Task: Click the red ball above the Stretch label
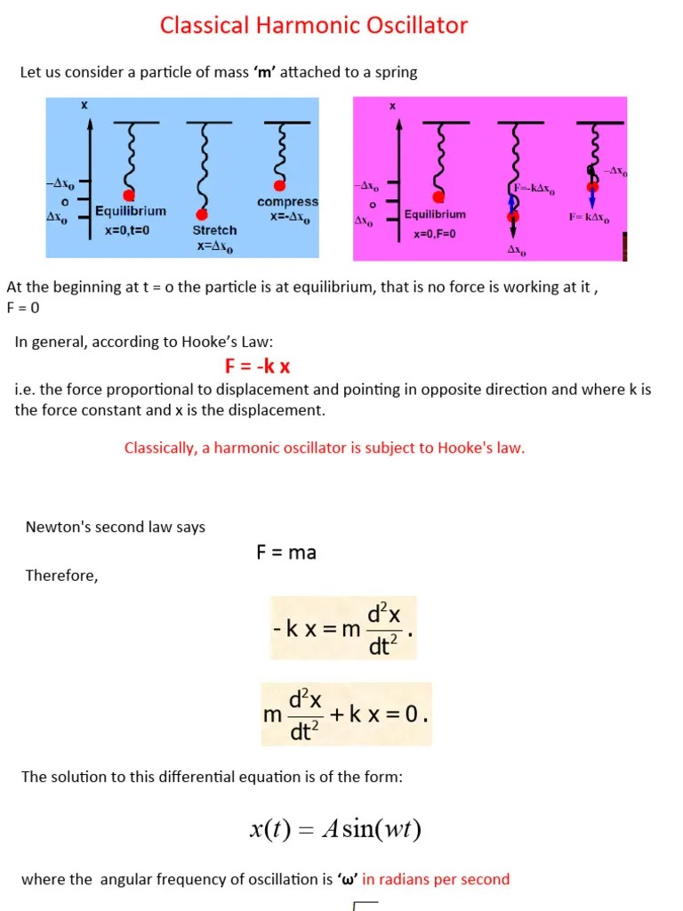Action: pyautogui.click(x=202, y=214)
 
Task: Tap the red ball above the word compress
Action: pyautogui.click(x=280, y=185)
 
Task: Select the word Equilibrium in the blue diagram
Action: pyautogui.click(x=131, y=212)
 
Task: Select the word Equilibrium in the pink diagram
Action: pyautogui.click(x=435, y=214)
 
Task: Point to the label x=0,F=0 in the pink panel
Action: pyautogui.click(x=434, y=234)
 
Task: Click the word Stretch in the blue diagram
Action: pyautogui.click(x=214, y=230)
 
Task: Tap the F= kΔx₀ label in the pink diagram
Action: pyautogui.click(x=590, y=217)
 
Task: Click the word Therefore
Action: pyautogui.click(x=61, y=576)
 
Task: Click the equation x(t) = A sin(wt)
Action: pyautogui.click(x=335, y=830)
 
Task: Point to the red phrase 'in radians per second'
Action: pyautogui.click(x=436, y=879)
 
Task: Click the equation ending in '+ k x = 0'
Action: pyautogui.click(x=347, y=714)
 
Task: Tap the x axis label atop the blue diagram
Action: pyautogui.click(x=84, y=105)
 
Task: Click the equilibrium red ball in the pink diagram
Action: pyautogui.click(x=438, y=198)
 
